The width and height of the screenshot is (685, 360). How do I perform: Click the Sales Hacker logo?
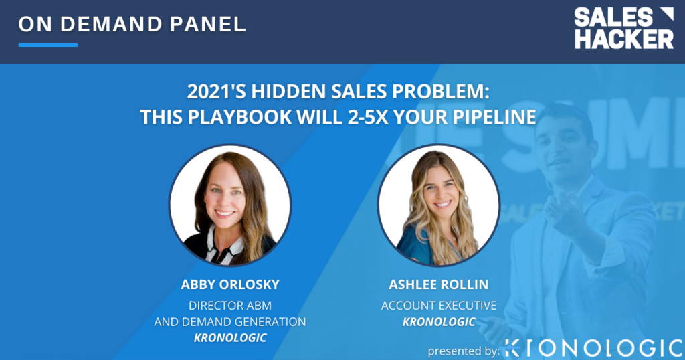[624, 28]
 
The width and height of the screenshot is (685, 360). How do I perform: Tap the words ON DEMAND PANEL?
[132, 25]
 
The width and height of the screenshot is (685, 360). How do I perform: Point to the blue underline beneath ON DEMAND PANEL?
[48, 45]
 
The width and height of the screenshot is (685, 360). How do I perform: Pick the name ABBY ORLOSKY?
[230, 284]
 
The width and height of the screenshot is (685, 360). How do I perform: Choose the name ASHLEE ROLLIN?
[439, 284]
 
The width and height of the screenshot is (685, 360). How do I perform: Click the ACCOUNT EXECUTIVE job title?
[439, 305]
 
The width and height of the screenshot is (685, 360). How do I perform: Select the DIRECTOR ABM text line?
[230, 305]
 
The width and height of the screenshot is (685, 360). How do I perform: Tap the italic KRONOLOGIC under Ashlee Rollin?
[439, 322]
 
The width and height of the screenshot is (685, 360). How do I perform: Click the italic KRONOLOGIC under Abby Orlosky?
[230, 338]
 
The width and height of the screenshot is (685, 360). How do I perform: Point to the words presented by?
[464, 351]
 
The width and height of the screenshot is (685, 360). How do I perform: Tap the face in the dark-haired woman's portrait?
[225, 196]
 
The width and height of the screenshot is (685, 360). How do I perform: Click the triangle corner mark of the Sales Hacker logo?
[666, 14]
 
